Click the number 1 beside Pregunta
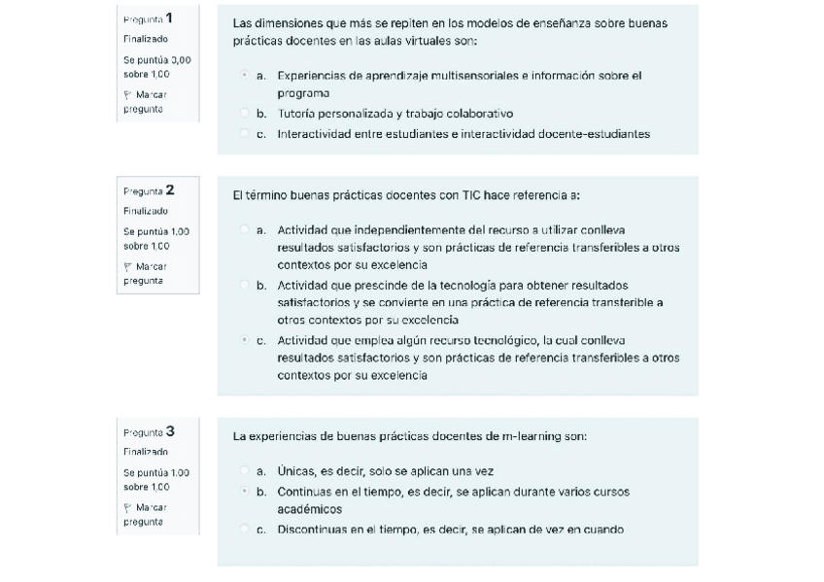pyautogui.click(x=169, y=17)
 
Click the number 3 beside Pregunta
pyautogui.click(x=170, y=430)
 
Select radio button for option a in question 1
pyautogui.click(x=243, y=75)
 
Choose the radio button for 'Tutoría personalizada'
pyautogui.click(x=243, y=114)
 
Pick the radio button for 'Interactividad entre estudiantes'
pyautogui.click(x=243, y=134)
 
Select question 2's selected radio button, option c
pyautogui.click(x=243, y=340)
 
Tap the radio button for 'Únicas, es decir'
pyautogui.click(x=243, y=471)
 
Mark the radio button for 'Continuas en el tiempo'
pyautogui.click(x=243, y=492)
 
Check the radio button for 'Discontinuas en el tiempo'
pyautogui.click(x=243, y=530)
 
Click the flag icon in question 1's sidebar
pyautogui.click(x=128, y=95)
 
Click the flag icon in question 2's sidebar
pyautogui.click(x=128, y=266)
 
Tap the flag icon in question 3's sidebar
pyautogui.click(x=128, y=507)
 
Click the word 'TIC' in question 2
pyautogui.click(x=472, y=195)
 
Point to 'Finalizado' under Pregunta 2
pyautogui.click(x=146, y=211)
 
